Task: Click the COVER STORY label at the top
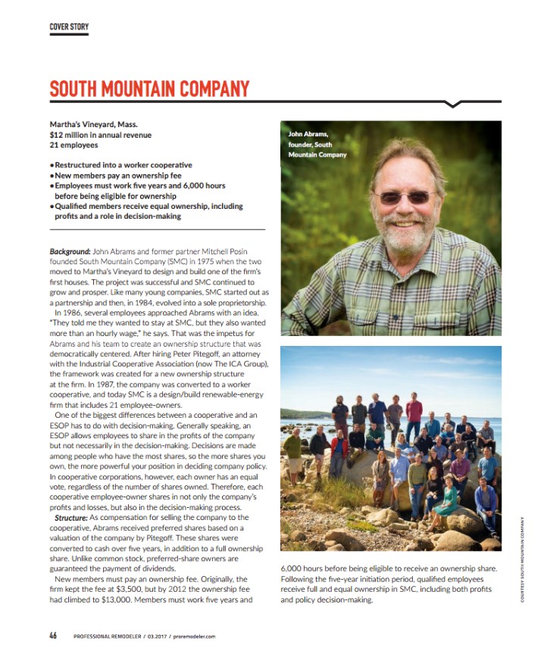69,27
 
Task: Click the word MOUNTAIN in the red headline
146,89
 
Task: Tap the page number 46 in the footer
53,636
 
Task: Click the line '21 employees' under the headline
73,145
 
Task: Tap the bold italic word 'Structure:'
72,516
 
